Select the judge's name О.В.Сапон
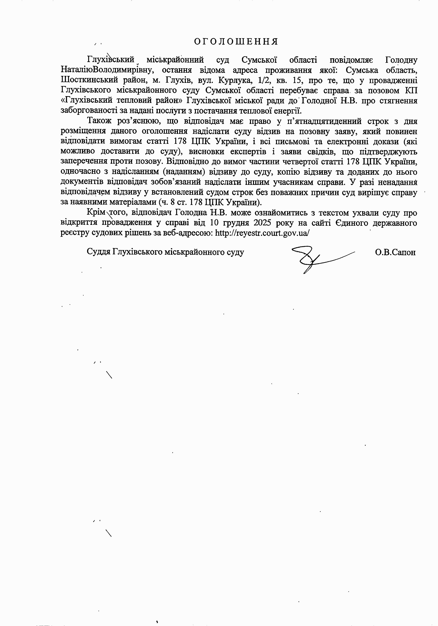(x=395, y=252)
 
